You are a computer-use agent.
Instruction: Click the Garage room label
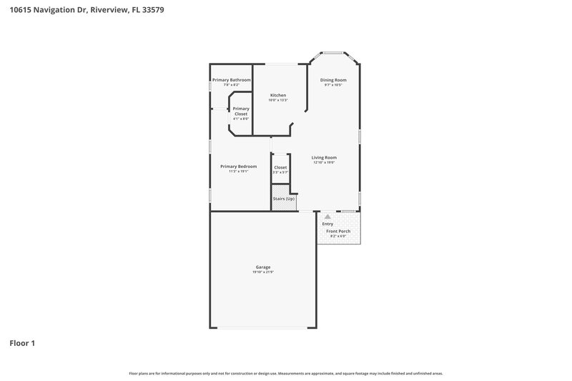point(262,267)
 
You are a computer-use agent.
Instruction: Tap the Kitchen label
point(277,95)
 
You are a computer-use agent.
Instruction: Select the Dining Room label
point(334,80)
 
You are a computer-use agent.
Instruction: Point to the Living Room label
point(324,157)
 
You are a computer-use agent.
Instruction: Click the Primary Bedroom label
point(238,166)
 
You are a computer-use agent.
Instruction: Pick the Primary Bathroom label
point(231,80)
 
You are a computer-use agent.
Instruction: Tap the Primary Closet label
point(241,112)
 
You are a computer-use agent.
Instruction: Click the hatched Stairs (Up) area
point(284,202)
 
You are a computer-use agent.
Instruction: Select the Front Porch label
point(338,232)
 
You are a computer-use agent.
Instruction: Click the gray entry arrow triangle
point(327,215)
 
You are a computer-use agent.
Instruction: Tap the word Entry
point(327,224)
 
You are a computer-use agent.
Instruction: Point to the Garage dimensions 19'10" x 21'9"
point(262,272)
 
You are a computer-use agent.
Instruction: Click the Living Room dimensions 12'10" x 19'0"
point(324,162)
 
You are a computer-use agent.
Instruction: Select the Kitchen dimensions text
point(277,100)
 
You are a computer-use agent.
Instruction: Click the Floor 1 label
point(22,343)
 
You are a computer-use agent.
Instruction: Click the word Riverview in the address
point(109,11)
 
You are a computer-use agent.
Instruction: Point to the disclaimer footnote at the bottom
point(286,373)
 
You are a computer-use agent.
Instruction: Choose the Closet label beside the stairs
point(280,167)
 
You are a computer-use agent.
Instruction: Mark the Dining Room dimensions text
point(334,85)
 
